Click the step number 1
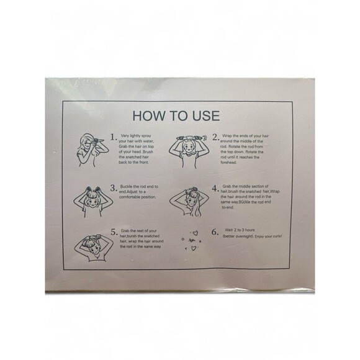click(113, 137)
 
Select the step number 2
click(215, 137)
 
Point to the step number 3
click(114, 188)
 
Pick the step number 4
click(215, 189)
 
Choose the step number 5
click(114, 232)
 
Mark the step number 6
click(215, 232)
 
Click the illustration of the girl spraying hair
click(91, 150)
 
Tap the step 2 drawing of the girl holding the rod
click(189, 151)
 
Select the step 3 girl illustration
click(93, 202)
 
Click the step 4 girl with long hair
click(189, 202)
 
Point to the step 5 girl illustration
click(94, 248)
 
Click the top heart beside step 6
click(195, 233)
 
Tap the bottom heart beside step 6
click(194, 248)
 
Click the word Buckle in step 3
click(126, 186)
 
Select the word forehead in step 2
click(228, 163)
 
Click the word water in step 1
click(149, 141)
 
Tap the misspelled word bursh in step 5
click(132, 236)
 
